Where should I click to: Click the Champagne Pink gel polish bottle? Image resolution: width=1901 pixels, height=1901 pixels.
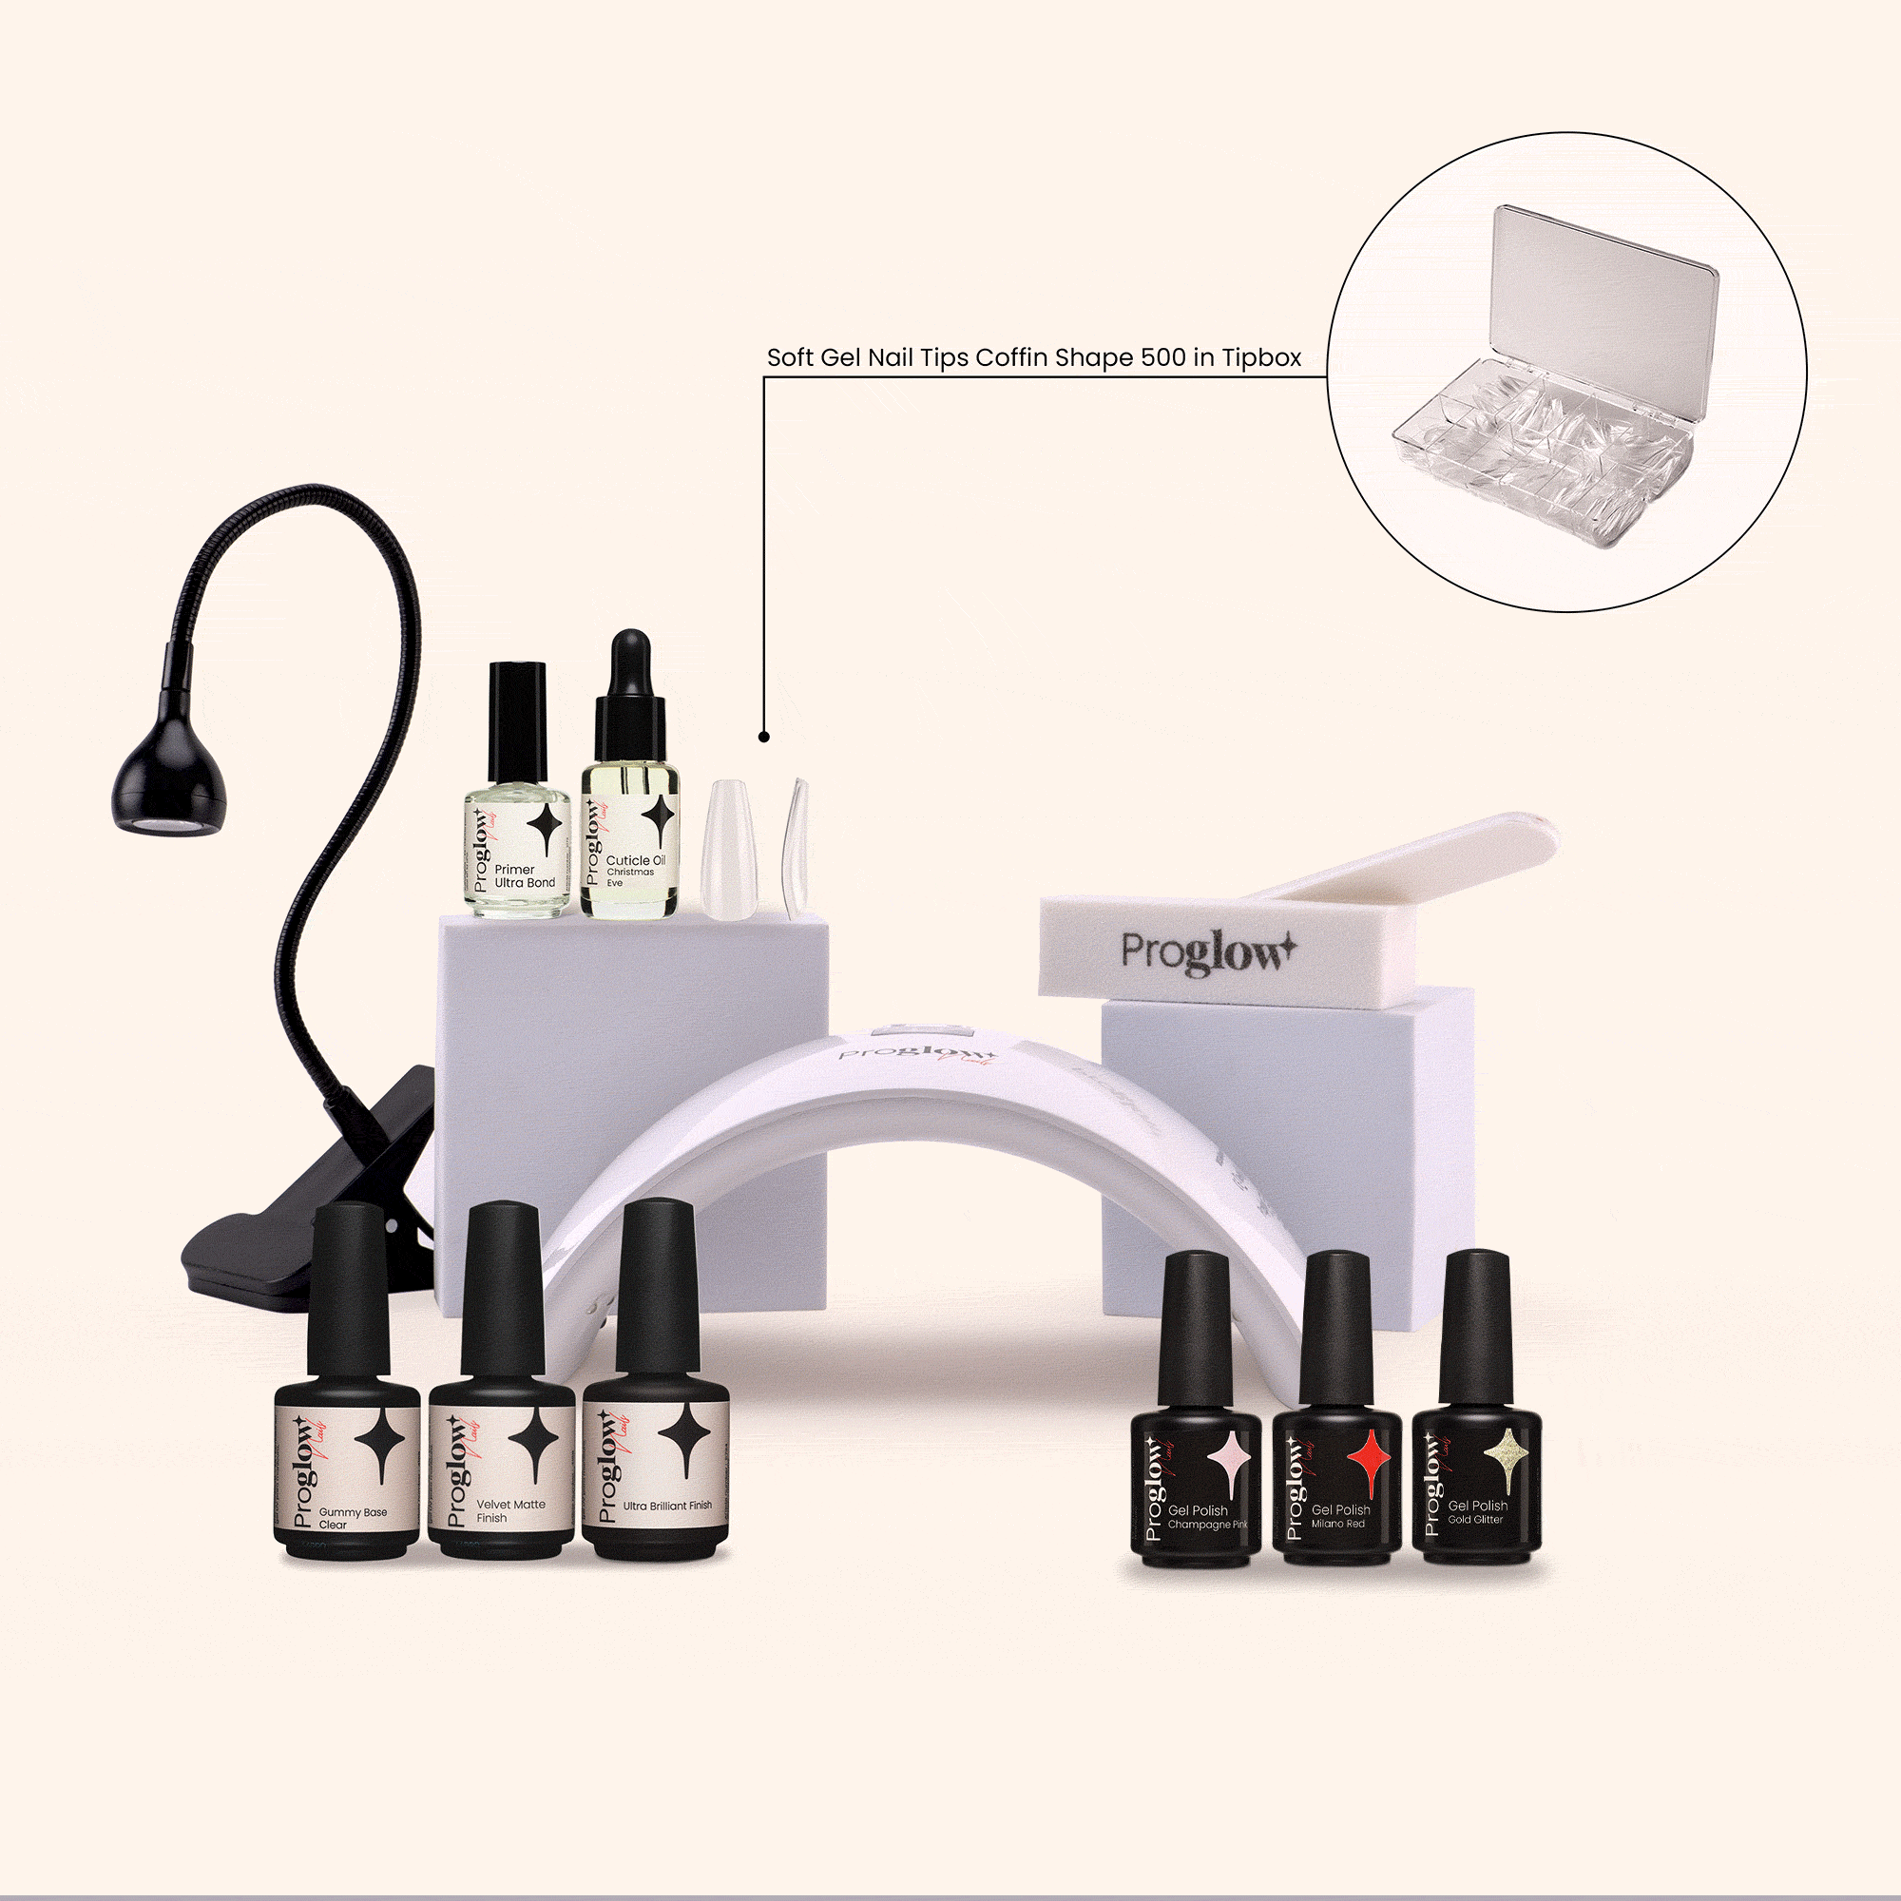(1196, 1476)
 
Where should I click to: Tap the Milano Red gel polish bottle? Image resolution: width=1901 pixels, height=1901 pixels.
(1336, 1476)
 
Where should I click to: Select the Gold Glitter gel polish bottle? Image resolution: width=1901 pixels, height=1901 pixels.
(1476, 1476)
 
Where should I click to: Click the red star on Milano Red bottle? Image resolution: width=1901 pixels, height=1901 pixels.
(1367, 1460)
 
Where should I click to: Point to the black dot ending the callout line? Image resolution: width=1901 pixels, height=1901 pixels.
(764, 736)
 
